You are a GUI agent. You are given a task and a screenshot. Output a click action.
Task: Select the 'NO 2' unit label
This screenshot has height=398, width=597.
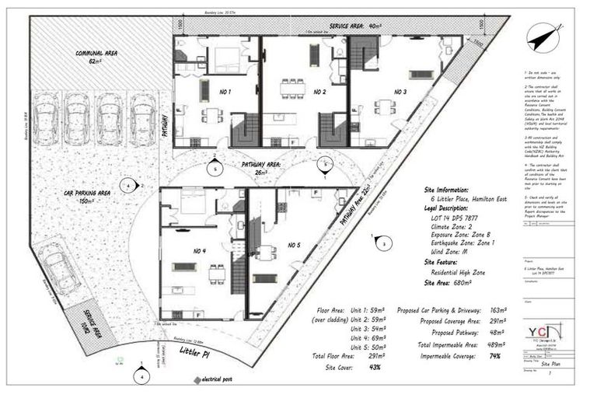pyautogui.click(x=319, y=93)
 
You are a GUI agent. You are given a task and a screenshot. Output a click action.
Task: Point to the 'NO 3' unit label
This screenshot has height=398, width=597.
pyautogui.click(x=400, y=92)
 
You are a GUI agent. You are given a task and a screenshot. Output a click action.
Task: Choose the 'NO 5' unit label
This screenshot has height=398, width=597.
pyautogui.click(x=294, y=246)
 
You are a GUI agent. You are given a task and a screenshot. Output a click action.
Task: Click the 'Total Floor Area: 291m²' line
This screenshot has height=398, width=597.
pyautogui.click(x=344, y=355)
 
